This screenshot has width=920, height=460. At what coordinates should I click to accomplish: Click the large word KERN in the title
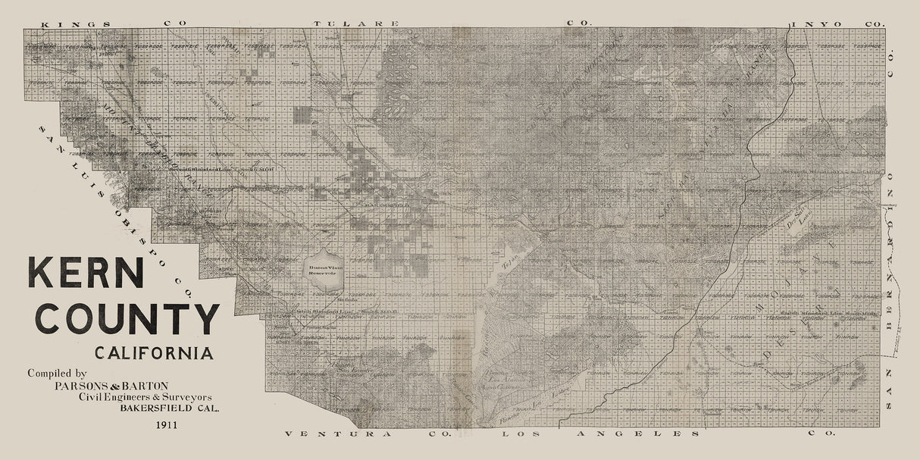coord(86,272)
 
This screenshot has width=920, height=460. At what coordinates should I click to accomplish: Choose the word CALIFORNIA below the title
coord(154,353)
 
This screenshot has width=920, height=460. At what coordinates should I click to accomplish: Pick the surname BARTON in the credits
coord(145,385)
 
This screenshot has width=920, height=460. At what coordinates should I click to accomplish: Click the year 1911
coord(164,424)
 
